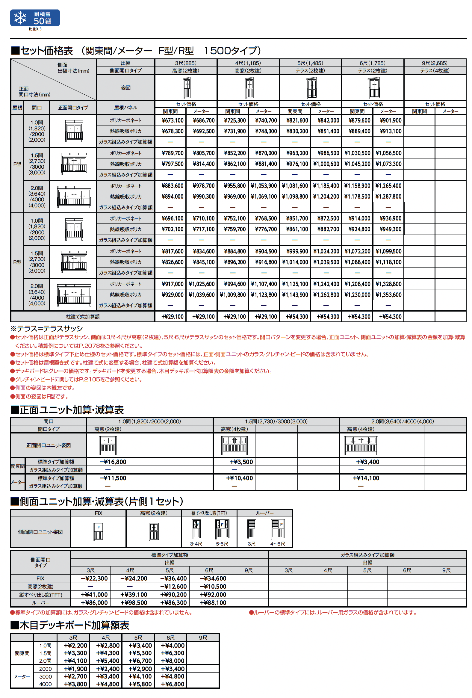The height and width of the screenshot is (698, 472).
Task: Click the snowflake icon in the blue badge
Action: click(x=20, y=18)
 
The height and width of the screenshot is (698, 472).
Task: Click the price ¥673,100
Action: click(x=172, y=120)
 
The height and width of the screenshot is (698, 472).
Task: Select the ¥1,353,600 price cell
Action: click(x=388, y=295)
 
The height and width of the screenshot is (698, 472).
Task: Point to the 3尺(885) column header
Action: click(x=186, y=63)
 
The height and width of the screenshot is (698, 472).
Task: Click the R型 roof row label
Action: click(x=17, y=262)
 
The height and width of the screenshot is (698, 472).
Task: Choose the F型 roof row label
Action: click(x=17, y=164)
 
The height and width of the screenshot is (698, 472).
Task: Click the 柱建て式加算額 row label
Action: click(x=83, y=317)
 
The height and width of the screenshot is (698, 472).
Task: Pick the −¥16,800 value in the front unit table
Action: click(x=113, y=462)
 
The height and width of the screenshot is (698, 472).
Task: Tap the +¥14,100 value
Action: click(x=366, y=478)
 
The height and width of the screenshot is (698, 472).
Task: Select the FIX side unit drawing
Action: click(x=98, y=531)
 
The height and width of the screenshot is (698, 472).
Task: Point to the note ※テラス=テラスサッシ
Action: click(x=46, y=328)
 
